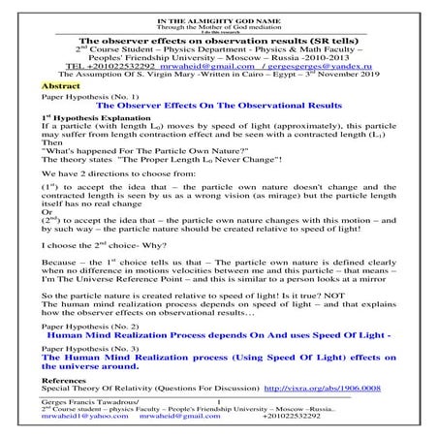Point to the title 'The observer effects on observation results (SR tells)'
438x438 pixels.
point(218,33)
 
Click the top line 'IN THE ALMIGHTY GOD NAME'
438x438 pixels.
point(218,5)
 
